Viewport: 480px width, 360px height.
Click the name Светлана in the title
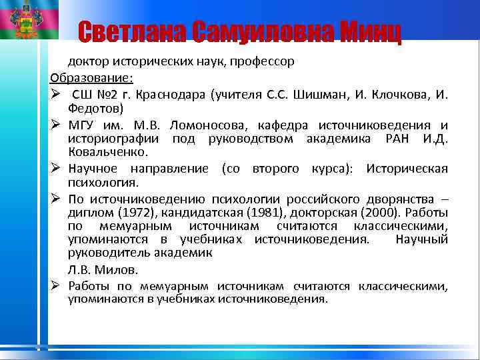130,31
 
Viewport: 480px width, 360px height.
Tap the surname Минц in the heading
370,31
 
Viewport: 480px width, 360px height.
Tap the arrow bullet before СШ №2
55,93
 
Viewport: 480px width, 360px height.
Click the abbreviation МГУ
82,125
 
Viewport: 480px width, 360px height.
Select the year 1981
229,213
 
